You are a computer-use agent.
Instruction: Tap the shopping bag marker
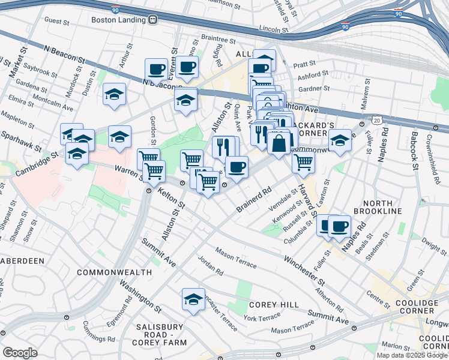(279, 143)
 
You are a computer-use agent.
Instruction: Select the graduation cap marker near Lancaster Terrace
(193, 299)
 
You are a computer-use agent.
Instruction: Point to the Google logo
(20, 352)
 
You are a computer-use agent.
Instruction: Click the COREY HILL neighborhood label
(274, 305)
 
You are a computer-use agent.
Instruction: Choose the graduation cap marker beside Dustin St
(114, 94)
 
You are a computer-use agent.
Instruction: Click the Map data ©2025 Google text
(411, 355)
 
